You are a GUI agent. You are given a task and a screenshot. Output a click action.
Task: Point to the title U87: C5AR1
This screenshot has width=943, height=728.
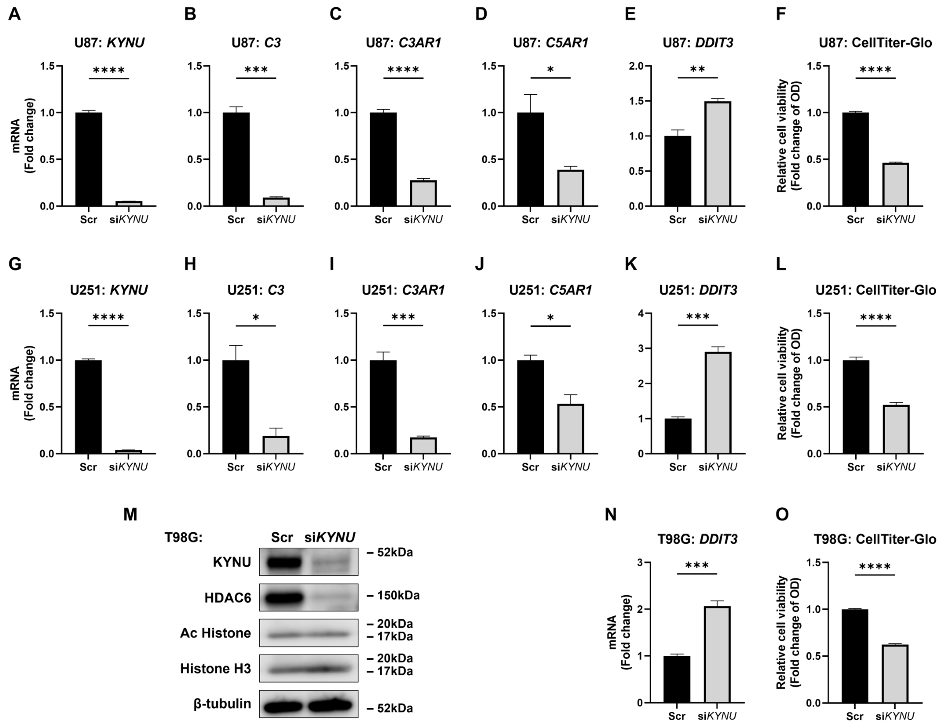[551, 43]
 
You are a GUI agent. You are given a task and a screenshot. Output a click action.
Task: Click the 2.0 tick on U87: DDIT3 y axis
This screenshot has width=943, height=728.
[636, 66]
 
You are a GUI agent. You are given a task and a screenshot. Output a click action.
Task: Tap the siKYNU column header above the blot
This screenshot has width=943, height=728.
[330, 537]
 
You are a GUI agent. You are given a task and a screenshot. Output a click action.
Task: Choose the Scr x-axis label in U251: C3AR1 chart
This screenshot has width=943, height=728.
[383, 467]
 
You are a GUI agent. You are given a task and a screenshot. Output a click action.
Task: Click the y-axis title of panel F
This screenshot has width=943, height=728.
[789, 135]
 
